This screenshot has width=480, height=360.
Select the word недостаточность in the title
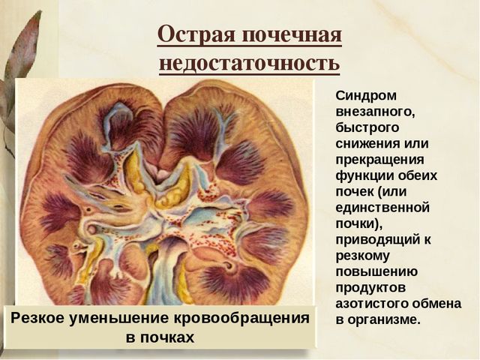tap(249, 63)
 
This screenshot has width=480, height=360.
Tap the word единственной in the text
tap(382, 206)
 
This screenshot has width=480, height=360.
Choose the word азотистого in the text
tap(372, 304)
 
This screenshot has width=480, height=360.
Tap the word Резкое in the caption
tap(39, 319)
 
